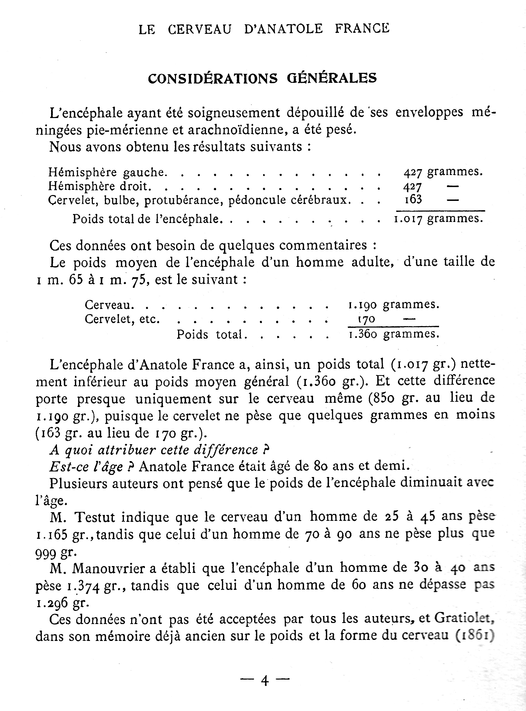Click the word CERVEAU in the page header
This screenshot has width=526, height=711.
(200, 29)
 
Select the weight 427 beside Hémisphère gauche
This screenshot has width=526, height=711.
(413, 172)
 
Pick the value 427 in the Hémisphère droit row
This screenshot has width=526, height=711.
(413, 186)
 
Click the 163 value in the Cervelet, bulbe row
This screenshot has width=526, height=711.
(413, 200)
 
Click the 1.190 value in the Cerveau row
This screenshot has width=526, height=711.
(362, 305)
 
